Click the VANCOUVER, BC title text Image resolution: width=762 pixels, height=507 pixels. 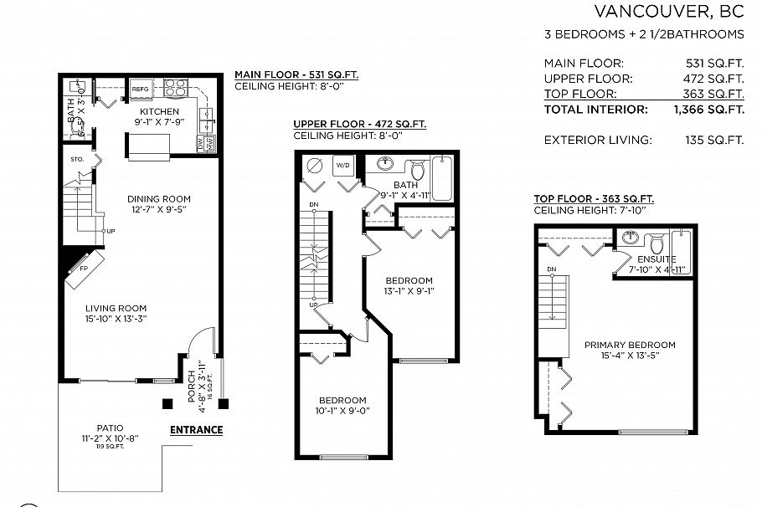coord(668,11)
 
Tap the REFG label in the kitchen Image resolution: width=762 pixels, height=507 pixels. coord(139,88)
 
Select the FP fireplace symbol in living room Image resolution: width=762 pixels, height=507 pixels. coord(83,269)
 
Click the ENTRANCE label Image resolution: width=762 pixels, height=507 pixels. coord(196,430)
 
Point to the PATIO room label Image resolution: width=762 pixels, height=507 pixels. coord(110,426)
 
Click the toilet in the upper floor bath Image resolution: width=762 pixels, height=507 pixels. coord(417,172)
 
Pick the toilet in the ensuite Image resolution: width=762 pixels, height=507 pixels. coord(657,244)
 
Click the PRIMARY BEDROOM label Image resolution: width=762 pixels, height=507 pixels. coord(630,345)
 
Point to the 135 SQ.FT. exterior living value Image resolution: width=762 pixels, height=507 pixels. coord(714,140)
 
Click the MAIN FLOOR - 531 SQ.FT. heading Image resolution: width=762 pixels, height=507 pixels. coord(296,74)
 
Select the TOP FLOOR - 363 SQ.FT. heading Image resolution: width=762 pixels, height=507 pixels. coord(594,198)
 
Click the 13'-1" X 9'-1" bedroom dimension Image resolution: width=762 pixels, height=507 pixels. coord(409,292)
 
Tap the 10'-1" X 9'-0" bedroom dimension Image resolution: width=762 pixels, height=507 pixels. coord(342,411)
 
